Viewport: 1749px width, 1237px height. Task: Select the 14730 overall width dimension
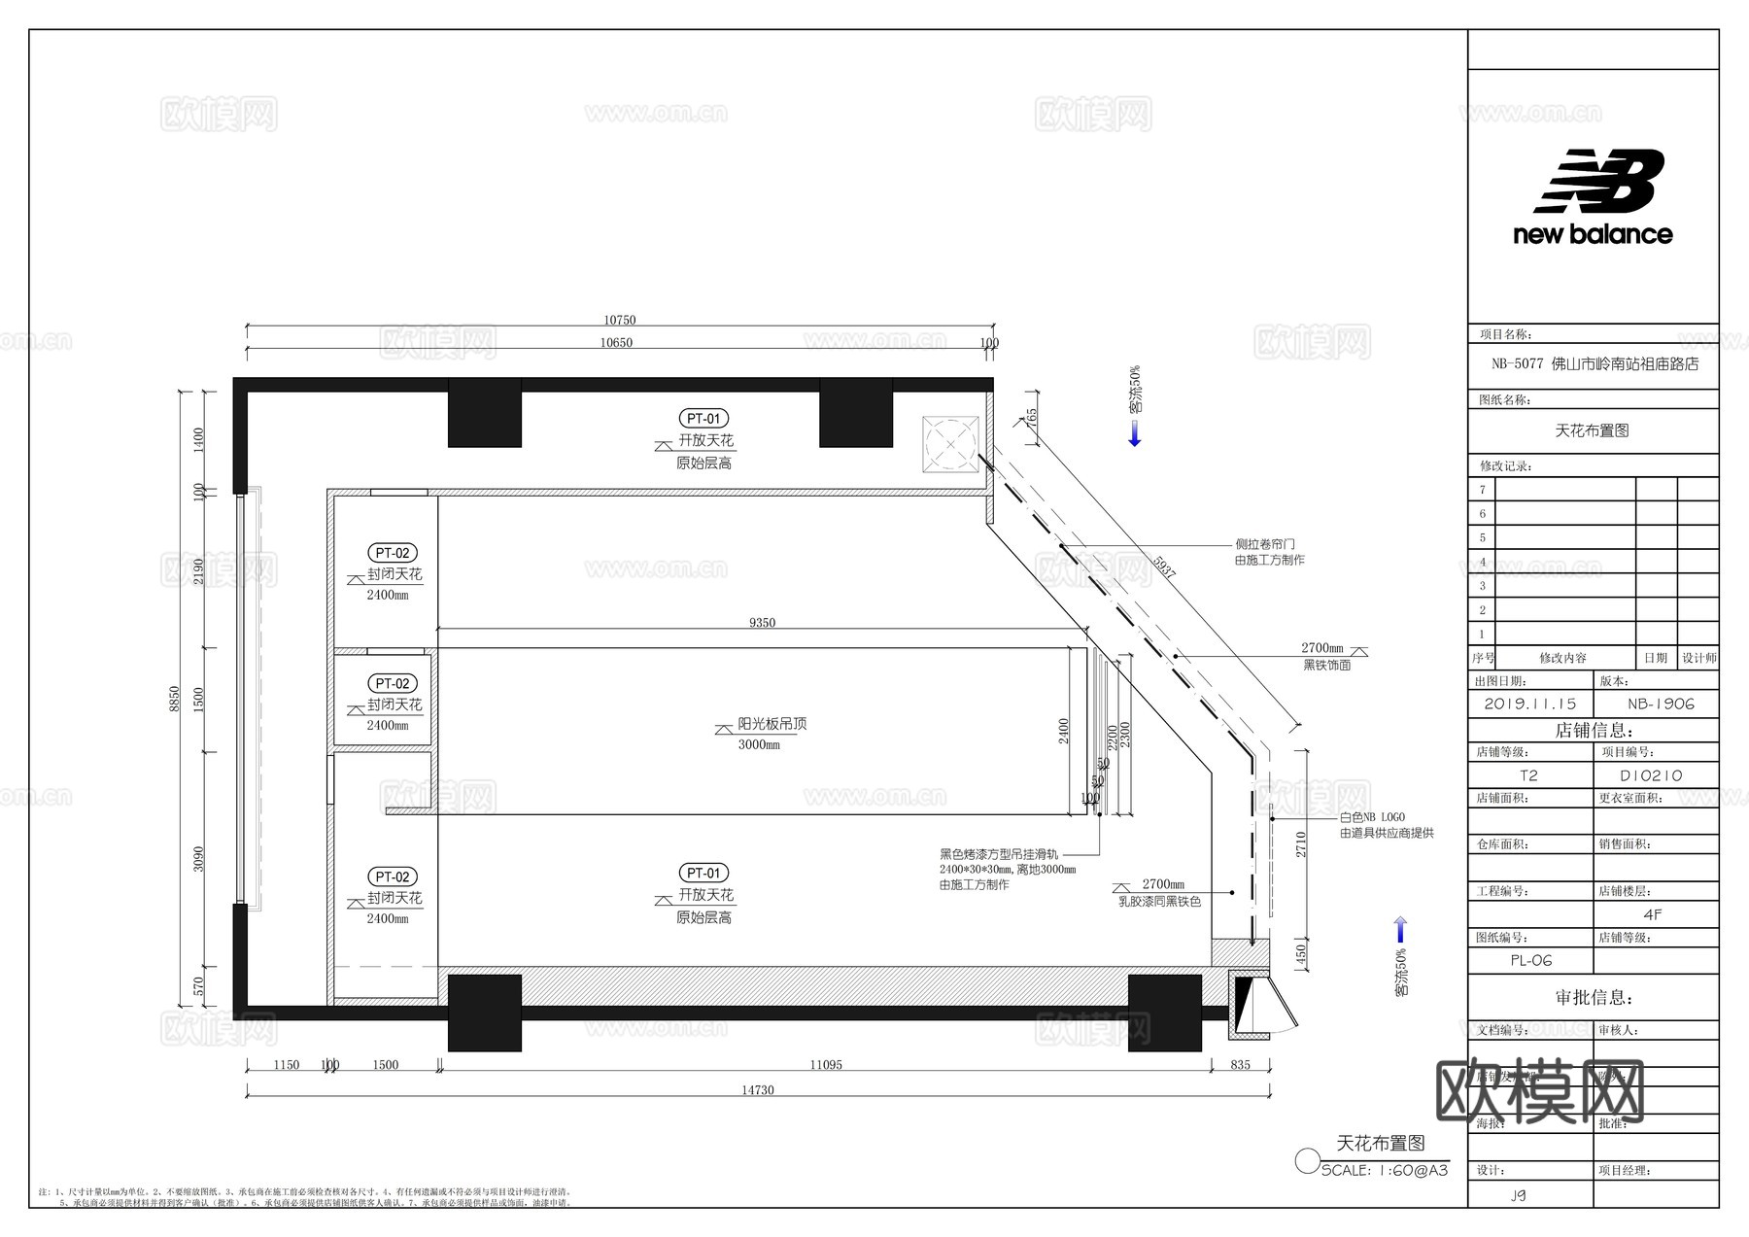point(758,1090)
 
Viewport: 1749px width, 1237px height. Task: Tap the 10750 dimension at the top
point(620,320)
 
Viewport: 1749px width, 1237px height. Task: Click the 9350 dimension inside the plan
point(763,623)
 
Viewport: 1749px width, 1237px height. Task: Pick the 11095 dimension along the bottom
point(826,1065)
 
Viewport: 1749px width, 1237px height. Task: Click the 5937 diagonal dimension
point(1164,567)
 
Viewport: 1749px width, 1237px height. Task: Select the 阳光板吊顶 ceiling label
point(772,724)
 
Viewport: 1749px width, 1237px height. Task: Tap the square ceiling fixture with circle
point(951,444)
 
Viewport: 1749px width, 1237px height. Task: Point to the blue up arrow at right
point(1400,930)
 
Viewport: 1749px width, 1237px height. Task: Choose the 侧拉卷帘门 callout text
point(1265,544)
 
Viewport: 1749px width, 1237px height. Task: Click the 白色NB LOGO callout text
point(1372,818)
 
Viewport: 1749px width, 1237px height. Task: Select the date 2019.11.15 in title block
point(1530,704)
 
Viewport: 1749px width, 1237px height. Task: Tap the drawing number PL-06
point(1531,960)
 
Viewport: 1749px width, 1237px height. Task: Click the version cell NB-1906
point(1661,704)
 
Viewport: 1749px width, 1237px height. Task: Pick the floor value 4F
point(1653,914)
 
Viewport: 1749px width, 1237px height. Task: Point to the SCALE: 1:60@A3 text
point(1385,1170)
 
